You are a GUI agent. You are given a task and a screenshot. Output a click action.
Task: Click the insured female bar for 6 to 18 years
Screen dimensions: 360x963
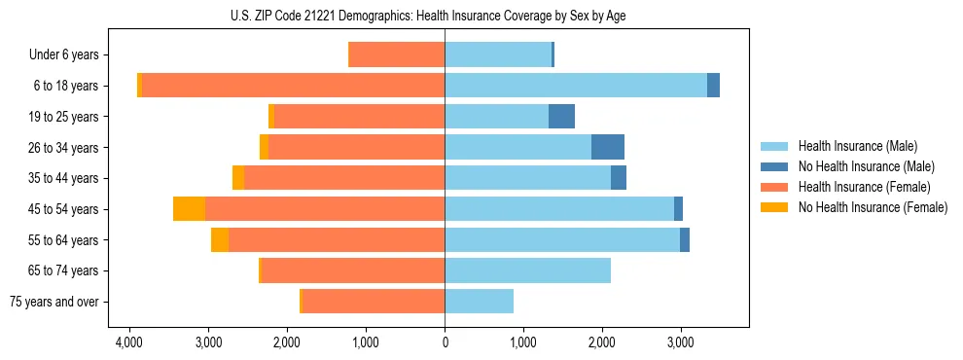click(293, 85)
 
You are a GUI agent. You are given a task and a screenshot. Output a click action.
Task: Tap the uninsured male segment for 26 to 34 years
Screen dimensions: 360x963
click(608, 147)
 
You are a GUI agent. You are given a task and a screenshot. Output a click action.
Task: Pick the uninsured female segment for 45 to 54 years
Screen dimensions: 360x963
click(189, 208)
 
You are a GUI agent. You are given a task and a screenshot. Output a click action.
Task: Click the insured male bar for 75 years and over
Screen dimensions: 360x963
click(479, 302)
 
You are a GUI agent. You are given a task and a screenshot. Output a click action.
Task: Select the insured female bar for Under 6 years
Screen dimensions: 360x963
click(397, 54)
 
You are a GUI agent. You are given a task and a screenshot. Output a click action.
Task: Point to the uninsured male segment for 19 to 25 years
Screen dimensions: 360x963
click(561, 116)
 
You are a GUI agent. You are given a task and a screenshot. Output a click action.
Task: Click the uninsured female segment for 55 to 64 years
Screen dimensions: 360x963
click(220, 239)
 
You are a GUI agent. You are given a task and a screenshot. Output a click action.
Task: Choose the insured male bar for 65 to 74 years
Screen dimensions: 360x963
click(527, 270)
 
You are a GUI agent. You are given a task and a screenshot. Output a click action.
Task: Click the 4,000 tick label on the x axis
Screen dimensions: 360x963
click(130, 342)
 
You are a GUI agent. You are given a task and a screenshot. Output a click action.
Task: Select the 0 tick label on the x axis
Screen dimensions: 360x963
click(445, 342)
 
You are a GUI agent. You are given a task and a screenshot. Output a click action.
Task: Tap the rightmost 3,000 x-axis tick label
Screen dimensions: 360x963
click(680, 342)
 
